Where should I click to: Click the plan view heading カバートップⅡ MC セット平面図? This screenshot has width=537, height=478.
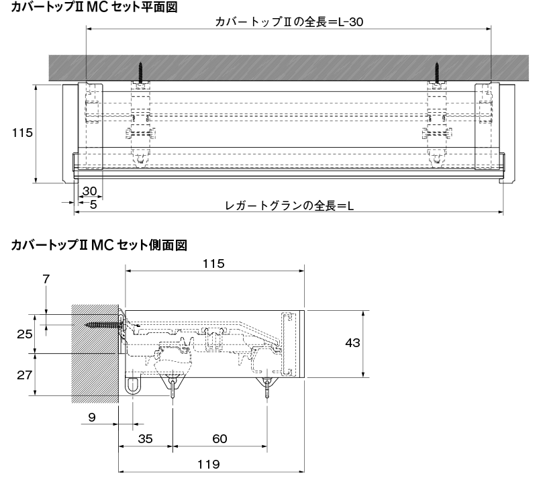[94, 7]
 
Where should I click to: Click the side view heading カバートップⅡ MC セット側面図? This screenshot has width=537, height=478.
[99, 245]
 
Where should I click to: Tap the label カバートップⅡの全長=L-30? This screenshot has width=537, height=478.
[289, 22]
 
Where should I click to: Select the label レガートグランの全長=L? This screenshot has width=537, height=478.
[289, 206]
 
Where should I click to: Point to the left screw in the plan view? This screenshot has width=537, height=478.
[140, 72]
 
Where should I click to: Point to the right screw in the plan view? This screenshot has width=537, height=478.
[437, 72]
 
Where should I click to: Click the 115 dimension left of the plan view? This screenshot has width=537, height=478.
[22, 132]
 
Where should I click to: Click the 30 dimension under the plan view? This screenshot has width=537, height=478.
[90, 191]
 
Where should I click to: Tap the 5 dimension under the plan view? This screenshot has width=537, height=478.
[93, 205]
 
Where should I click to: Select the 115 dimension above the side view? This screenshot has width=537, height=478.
[213, 264]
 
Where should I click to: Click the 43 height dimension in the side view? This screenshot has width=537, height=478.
[352, 343]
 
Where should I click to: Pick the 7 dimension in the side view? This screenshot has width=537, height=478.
[46, 279]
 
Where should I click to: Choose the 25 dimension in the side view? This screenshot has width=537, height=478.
[25, 334]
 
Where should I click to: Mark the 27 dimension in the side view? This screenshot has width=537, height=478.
[25, 375]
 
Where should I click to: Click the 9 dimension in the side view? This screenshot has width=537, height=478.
[92, 418]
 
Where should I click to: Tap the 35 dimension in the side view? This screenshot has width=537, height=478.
[145, 439]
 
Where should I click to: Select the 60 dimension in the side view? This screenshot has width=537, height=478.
[219, 439]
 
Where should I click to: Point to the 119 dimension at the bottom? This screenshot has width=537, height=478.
[209, 465]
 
